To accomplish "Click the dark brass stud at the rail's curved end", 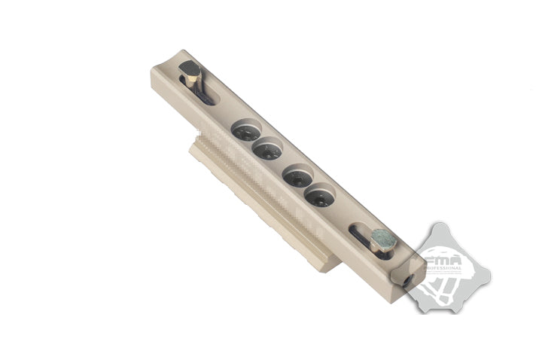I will (190, 73).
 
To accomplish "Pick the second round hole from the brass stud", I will (267, 150).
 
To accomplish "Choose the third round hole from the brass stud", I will (298, 177).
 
